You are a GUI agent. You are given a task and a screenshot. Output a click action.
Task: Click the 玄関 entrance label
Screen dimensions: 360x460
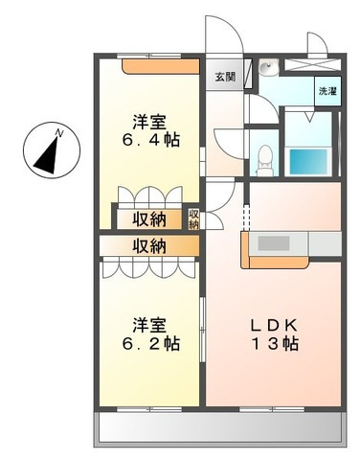225,77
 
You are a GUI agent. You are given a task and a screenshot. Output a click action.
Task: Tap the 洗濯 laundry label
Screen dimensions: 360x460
327,91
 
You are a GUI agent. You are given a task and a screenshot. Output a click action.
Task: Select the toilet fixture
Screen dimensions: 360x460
265,160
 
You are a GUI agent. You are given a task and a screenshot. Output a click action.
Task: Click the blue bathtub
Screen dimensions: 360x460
308,162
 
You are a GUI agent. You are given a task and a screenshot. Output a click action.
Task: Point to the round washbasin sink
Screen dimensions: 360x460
269,68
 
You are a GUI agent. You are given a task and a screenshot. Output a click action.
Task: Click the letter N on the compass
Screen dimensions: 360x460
58,132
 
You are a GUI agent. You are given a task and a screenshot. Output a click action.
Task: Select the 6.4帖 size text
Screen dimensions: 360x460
151,140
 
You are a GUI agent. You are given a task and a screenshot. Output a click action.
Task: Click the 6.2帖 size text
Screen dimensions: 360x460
151,343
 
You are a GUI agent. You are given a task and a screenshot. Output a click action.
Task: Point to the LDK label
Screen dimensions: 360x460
275,326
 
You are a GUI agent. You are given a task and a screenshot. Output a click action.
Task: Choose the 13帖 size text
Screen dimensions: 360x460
275,343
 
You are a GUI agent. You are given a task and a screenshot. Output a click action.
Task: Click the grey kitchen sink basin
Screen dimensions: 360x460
274,243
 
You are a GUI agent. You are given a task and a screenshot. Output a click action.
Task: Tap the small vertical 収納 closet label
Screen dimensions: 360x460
193,219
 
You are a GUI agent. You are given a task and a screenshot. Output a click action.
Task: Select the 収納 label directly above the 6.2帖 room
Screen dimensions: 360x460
150,246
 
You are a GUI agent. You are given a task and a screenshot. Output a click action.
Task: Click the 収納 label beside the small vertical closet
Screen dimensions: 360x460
150,219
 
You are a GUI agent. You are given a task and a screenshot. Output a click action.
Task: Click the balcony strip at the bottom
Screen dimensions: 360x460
220,429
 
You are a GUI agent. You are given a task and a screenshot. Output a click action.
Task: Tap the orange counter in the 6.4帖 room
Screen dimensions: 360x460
161,66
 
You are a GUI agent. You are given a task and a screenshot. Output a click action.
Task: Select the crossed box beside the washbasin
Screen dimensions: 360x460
312,64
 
